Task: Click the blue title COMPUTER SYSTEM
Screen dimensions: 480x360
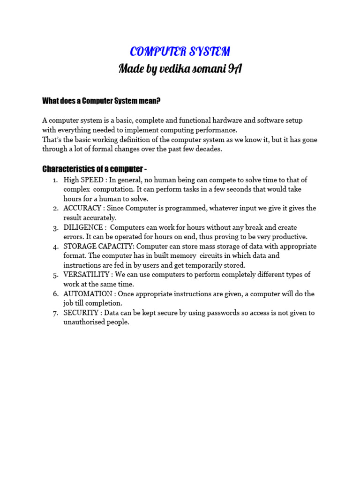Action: pos(180,52)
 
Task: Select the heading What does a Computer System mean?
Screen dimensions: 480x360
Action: pos(102,100)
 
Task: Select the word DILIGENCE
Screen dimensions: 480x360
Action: pos(82,227)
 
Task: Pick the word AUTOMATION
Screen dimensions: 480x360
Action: pos(88,294)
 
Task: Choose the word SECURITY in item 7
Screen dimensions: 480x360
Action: pos(81,313)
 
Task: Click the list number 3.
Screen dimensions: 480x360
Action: pos(55,227)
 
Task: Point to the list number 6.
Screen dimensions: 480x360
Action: pos(55,294)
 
